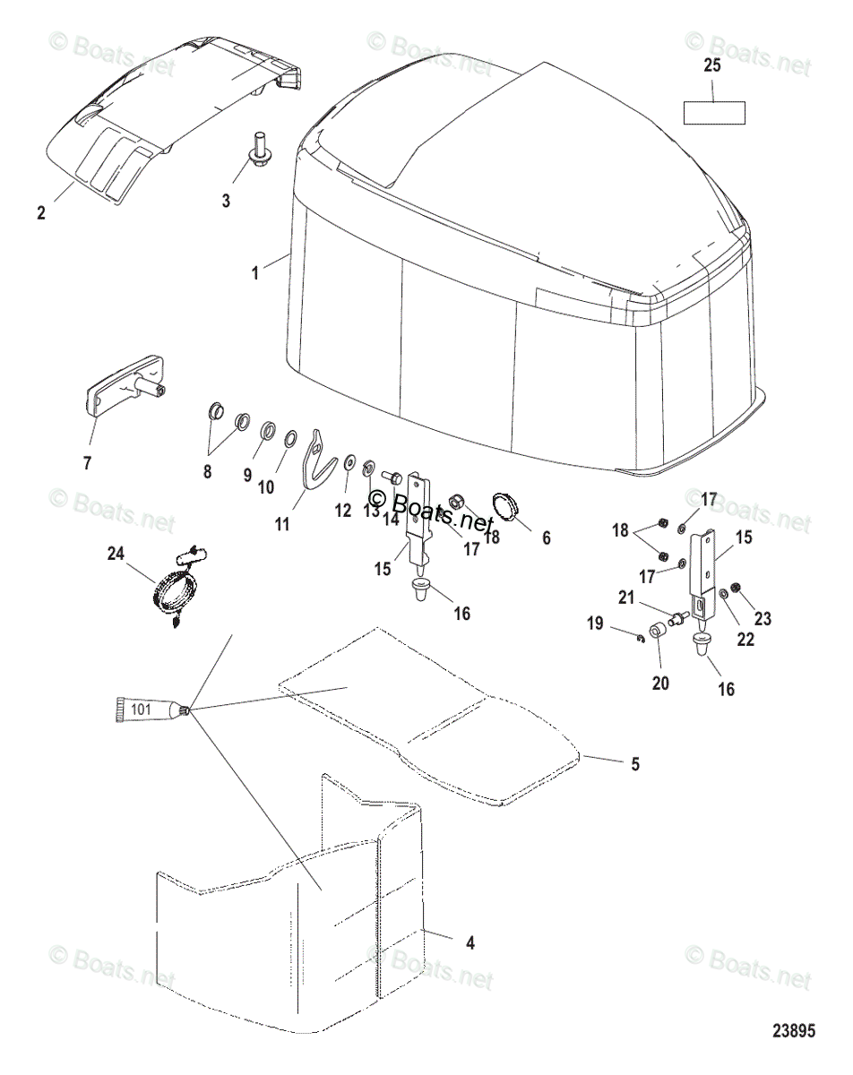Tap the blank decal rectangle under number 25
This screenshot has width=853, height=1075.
pyautogui.click(x=714, y=114)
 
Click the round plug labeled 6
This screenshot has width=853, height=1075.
pyautogui.click(x=507, y=504)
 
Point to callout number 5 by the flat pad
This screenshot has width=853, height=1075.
pyautogui.click(x=634, y=764)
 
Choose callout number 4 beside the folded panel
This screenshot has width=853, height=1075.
pyautogui.click(x=470, y=942)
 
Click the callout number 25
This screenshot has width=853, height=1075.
pyautogui.click(x=712, y=65)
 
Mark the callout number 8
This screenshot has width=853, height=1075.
pyautogui.click(x=207, y=471)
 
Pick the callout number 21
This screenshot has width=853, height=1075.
pyautogui.click(x=650, y=598)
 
